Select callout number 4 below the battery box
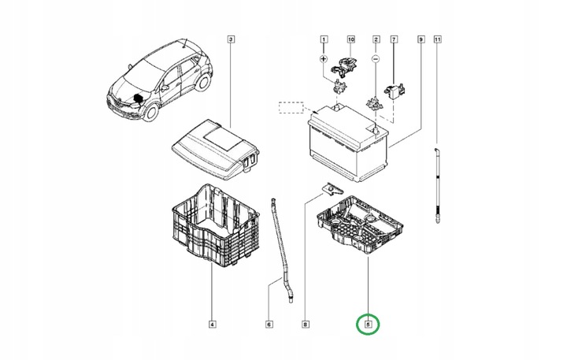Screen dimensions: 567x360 212,323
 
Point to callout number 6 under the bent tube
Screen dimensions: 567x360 269,323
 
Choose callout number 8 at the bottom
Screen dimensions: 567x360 306,323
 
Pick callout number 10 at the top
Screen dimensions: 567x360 351,39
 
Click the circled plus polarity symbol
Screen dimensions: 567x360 323,59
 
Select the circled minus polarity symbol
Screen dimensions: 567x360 376,59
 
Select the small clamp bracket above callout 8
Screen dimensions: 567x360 332,189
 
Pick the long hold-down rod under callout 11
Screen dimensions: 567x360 435,181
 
